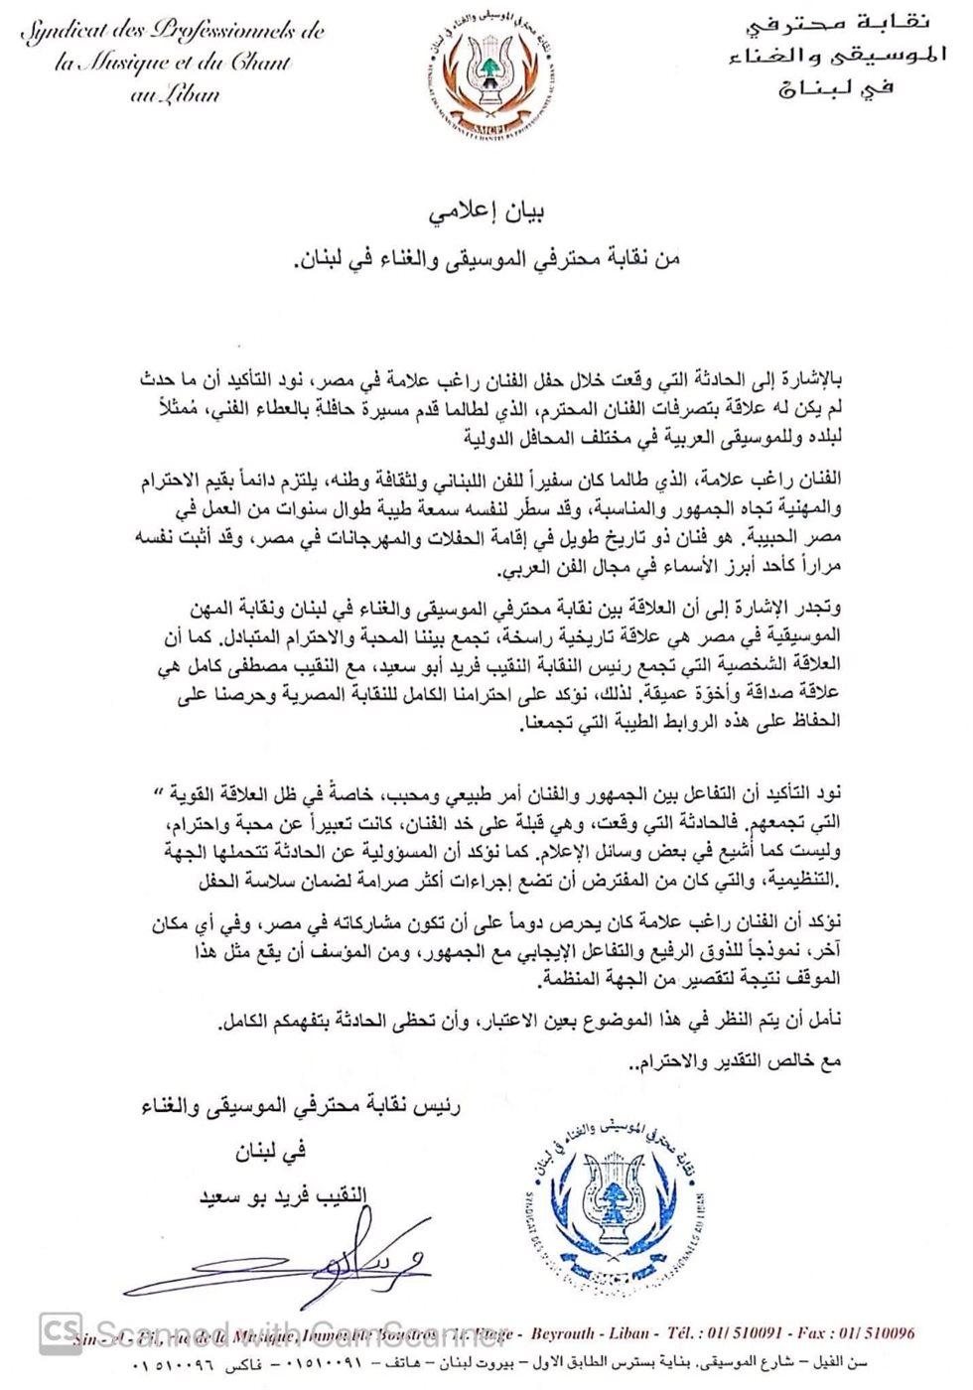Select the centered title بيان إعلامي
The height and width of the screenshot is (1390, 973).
(486, 212)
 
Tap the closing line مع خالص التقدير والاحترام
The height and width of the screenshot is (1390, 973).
(735, 1060)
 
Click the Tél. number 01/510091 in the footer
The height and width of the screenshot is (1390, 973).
(739, 1333)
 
